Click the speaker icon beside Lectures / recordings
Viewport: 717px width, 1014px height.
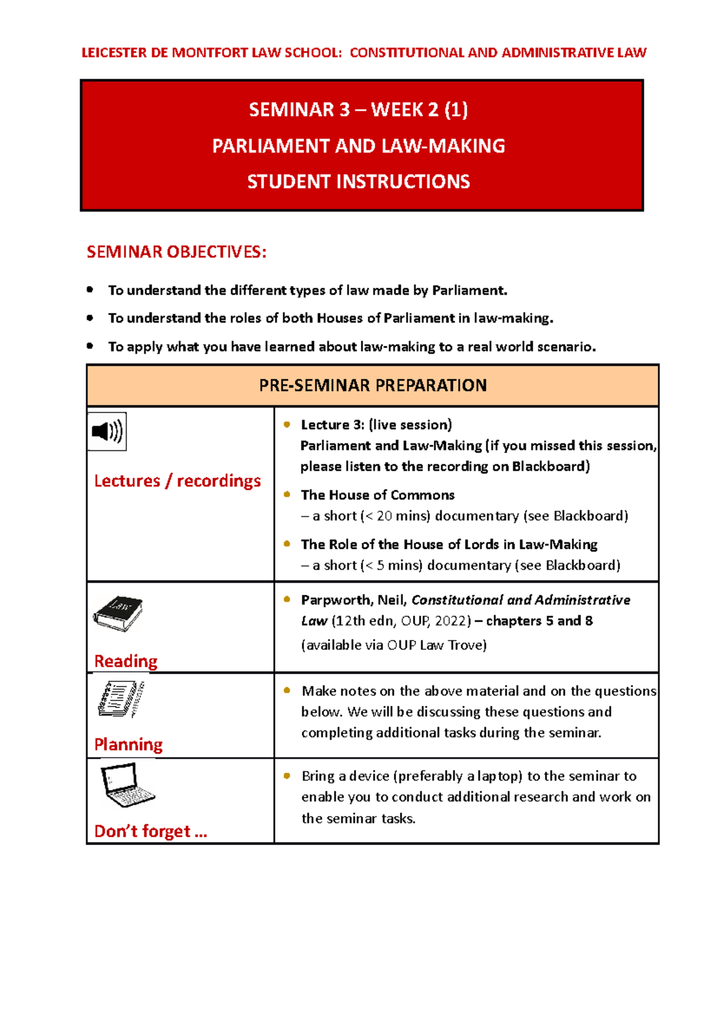[x=107, y=431]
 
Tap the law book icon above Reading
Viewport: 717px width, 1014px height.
[x=118, y=613]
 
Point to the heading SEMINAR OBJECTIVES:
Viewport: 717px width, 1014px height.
[x=176, y=252]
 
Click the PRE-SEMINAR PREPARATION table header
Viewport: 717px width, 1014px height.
[x=372, y=386]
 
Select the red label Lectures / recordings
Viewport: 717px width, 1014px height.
[x=177, y=481]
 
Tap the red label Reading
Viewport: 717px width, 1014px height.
[x=126, y=661]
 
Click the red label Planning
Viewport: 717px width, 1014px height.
[x=128, y=744]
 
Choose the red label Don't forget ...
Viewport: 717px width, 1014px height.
[x=151, y=831]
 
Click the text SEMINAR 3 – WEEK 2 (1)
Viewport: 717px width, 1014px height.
[x=358, y=110]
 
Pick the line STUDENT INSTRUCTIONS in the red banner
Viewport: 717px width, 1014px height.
[x=358, y=182]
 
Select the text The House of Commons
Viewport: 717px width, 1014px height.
[x=378, y=495]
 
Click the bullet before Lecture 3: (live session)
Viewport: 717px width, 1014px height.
[x=287, y=425]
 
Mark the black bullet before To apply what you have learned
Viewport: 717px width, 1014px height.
[x=90, y=346]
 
